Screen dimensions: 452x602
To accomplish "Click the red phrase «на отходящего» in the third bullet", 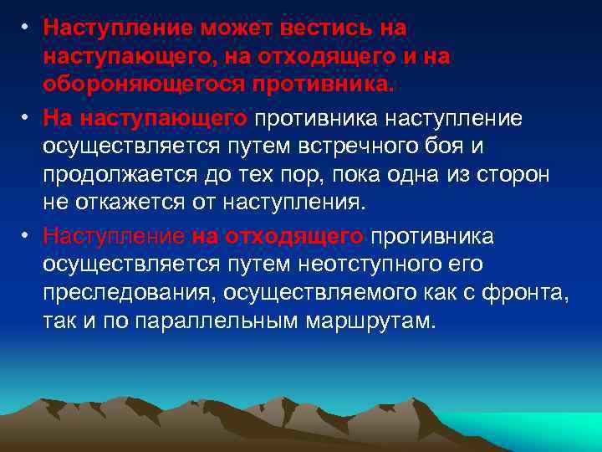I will click(278, 237).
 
